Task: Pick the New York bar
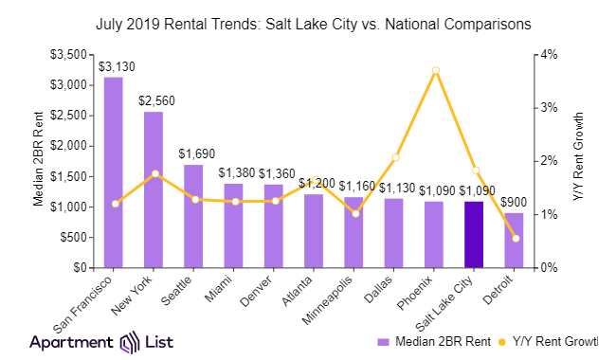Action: [x=153, y=189]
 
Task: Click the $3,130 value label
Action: [x=114, y=67]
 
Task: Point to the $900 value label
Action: [x=514, y=203]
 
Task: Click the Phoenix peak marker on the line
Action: [x=434, y=71]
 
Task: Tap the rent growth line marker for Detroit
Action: [x=515, y=239]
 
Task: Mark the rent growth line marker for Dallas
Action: [x=394, y=157]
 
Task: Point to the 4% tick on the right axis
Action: [x=547, y=54]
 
